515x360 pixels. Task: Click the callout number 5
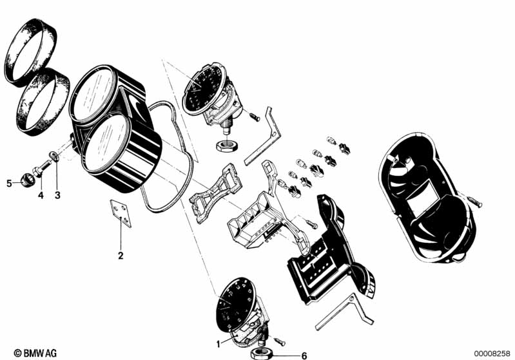[9, 183]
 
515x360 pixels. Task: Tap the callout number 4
[41, 196]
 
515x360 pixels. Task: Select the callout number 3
[57, 196]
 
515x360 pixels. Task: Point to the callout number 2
[121, 256]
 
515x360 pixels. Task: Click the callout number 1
[218, 345]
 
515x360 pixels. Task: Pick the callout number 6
[304, 355]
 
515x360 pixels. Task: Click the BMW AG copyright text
[35, 353]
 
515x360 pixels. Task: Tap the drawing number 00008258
[492, 354]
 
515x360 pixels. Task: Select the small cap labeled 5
[27, 180]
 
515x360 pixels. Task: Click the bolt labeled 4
[42, 167]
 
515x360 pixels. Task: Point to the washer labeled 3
[55, 156]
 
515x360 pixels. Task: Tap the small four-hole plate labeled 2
[121, 213]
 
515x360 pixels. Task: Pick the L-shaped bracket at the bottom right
[344, 312]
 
